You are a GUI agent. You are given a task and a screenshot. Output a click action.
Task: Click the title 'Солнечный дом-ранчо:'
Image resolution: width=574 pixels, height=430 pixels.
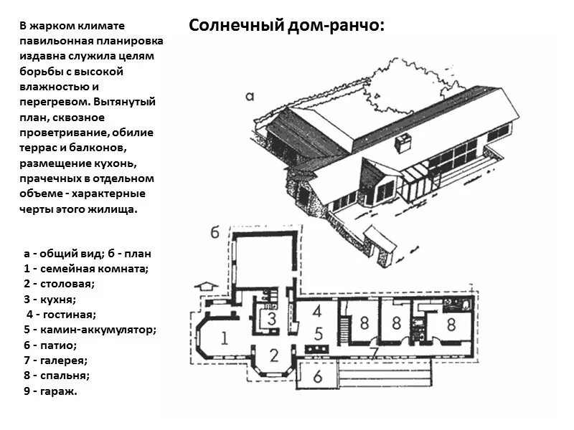click(x=287, y=26)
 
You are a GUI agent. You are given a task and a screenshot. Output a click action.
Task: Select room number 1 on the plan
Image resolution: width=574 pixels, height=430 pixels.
click(x=224, y=338)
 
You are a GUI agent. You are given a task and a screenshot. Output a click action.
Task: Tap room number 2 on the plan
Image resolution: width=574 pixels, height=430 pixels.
click(x=273, y=353)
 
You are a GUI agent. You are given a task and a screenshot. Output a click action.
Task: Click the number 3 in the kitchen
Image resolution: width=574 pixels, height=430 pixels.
click(x=273, y=320)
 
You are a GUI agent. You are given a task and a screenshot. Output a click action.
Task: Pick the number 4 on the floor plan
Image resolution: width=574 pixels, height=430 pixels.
click(x=317, y=312)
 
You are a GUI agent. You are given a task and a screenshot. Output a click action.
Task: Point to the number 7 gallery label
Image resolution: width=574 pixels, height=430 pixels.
click(x=373, y=352)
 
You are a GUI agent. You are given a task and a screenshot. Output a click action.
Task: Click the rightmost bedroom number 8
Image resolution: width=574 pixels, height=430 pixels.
click(x=451, y=324)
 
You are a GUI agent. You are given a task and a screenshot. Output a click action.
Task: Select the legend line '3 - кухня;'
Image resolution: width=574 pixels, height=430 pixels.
click(x=50, y=299)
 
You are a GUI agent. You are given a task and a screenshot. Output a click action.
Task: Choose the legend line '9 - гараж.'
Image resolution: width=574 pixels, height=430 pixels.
click(x=50, y=391)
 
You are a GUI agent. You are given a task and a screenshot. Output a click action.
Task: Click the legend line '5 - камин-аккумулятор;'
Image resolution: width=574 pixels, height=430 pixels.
click(x=90, y=330)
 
